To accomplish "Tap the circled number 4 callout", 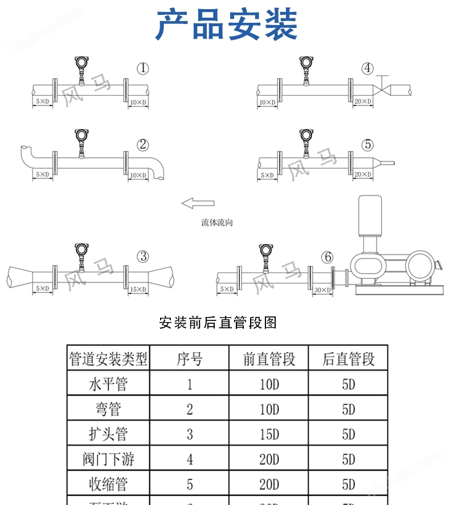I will (x=368, y=69).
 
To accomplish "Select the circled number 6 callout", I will (x=327, y=257).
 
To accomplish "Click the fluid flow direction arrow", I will (x=198, y=202).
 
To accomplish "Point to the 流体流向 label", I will (x=216, y=223).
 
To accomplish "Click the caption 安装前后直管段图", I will (x=218, y=323).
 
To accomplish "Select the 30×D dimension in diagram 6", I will (x=322, y=290).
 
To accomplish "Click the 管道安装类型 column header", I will (x=108, y=359).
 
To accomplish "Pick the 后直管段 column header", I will (x=349, y=359).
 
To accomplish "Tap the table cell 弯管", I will (x=108, y=409).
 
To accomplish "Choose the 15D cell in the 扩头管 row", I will (x=269, y=434).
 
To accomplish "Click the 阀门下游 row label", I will (x=108, y=459).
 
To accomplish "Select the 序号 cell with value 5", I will (x=190, y=484).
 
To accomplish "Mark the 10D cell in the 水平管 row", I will (x=269, y=384).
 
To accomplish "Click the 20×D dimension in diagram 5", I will (x=363, y=174).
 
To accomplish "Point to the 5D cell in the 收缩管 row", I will (x=349, y=484).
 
